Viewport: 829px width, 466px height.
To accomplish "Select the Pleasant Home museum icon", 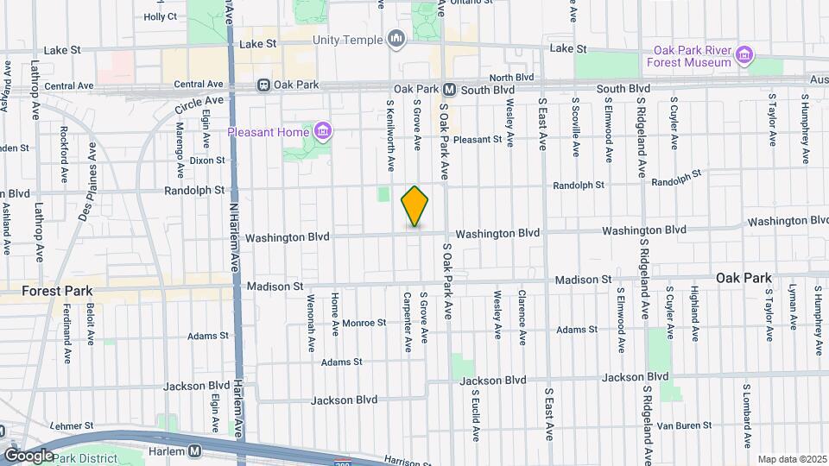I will pyautogui.click(x=323, y=132).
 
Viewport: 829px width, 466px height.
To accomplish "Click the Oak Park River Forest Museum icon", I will pyautogui.click(x=744, y=60).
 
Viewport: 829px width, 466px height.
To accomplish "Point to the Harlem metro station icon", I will pyautogui.click(x=195, y=451).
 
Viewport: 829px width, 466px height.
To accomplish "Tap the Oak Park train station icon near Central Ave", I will pyautogui.click(x=263, y=85).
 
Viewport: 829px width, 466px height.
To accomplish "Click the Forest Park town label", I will pyautogui.click(x=57, y=292).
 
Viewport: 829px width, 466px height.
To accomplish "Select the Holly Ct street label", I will pyautogui.click(x=161, y=16).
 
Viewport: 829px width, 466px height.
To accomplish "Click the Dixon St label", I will pyautogui.click(x=207, y=160).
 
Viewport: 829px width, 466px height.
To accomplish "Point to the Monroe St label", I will pyautogui.click(x=364, y=323).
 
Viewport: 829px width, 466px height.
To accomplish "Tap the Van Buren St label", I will pyautogui.click(x=681, y=425).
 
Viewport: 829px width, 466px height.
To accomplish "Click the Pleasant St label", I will pyautogui.click(x=478, y=139).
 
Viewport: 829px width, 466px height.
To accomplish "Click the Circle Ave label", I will pyautogui.click(x=199, y=105).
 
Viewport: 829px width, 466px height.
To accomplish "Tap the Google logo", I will pyautogui.click(x=28, y=455).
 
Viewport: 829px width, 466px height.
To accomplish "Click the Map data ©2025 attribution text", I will pyautogui.click(x=791, y=459).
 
